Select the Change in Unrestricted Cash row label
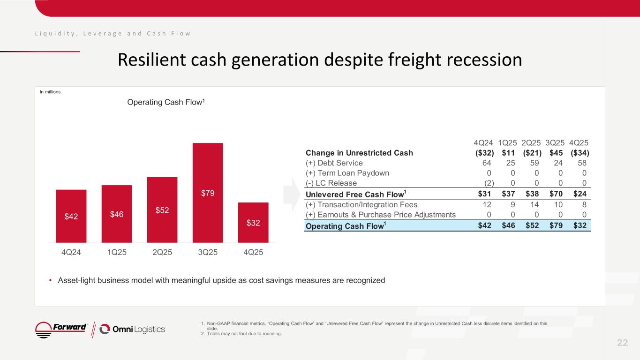[359, 153]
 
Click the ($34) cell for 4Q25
[580, 153]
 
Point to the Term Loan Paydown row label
[347, 173]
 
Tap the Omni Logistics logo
[133, 329]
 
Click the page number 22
[622, 343]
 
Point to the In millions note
[50, 92]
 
